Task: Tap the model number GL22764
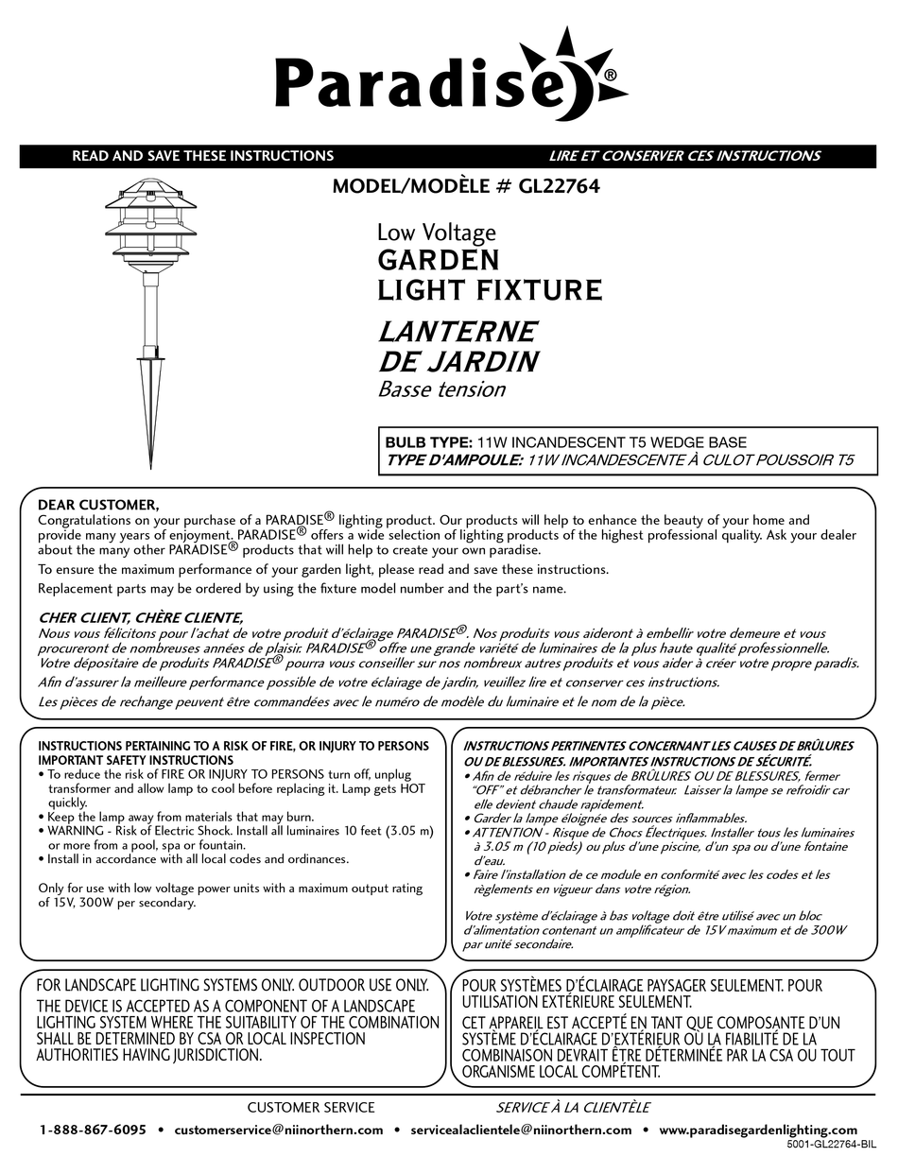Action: click(559, 187)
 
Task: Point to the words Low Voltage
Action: click(436, 232)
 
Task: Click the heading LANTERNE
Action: click(457, 332)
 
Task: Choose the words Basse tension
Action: click(441, 388)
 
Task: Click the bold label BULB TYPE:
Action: click(428, 441)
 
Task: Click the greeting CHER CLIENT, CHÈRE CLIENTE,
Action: click(140, 617)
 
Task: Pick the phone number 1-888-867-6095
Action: click(93, 1130)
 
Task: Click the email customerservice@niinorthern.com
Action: click(279, 1130)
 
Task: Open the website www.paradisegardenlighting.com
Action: click(758, 1130)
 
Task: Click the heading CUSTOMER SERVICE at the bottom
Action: click(311, 1107)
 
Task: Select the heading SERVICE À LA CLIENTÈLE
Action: click(573, 1107)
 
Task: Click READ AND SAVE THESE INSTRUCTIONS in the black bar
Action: click(202, 156)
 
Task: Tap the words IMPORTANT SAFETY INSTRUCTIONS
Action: click(135, 760)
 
